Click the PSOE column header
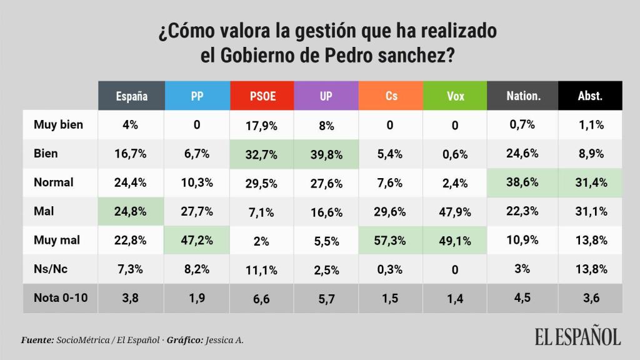pos(262,96)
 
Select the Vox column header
pos(455,96)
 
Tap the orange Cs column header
pos(391,96)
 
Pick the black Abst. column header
pos(590,96)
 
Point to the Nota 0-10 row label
pos(61,298)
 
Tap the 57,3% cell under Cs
pos(391,241)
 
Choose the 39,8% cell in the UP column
pos(326,154)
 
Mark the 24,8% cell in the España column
pos(132,211)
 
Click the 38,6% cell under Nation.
pos(522,182)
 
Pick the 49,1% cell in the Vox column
pos(455,241)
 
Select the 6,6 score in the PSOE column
pos(262,299)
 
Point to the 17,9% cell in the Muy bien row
pos(262,125)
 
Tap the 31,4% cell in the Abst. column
pos(590,182)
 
